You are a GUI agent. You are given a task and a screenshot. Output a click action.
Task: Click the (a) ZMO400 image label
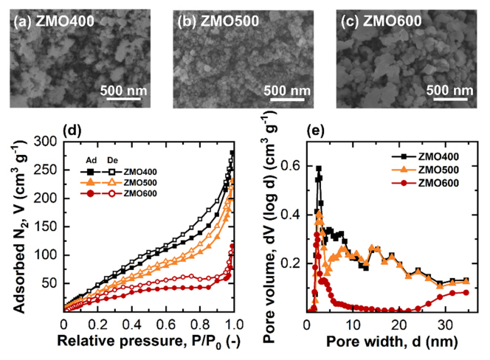(x=49, y=21)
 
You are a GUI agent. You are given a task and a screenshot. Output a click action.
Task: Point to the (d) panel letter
(x=73, y=131)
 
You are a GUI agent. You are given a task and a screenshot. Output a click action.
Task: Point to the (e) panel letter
(x=317, y=131)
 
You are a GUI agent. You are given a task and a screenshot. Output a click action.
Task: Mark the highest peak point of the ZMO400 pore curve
(x=319, y=169)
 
